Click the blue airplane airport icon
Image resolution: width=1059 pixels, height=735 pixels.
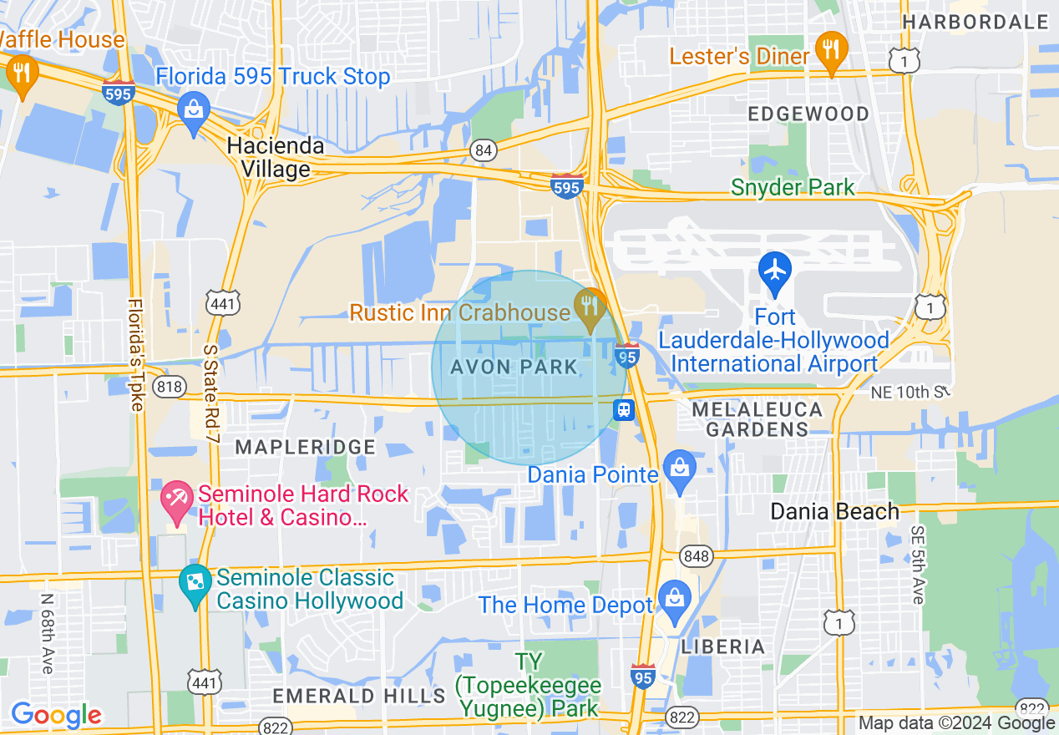click(x=776, y=271)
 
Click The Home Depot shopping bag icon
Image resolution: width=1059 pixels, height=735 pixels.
click(x=672, y=600)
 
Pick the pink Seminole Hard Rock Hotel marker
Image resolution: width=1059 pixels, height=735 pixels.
click(x=176, y=499)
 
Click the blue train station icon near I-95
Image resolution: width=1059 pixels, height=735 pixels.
click(x=624, y=409)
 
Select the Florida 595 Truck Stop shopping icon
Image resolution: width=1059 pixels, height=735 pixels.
click(x=194, y=110)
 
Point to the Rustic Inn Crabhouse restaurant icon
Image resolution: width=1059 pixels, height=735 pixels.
click(x=590, y=306)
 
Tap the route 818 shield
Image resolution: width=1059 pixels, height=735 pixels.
click(x=170, y=386)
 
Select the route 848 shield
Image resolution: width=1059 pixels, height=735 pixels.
click(x=696, y=555)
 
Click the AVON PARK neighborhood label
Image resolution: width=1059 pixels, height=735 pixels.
click(x=514, y=367)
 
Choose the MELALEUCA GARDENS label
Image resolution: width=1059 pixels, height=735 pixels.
click(x=757, y=419)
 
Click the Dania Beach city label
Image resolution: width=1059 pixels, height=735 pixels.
click(x=834, y=511)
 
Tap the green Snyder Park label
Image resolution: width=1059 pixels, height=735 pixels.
click(x=793, y=187)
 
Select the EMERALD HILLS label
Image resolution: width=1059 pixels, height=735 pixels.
click(x=359, y=695)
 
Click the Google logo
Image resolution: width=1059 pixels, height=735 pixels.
click(x=56, y=715)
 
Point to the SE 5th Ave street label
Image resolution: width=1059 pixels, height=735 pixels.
click(x=917, y=565)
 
